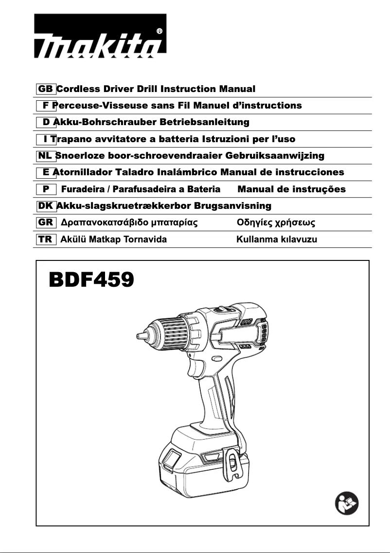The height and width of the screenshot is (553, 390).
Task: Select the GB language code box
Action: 46,89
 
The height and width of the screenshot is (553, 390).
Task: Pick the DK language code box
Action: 46,206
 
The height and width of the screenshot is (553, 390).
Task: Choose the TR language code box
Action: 46,240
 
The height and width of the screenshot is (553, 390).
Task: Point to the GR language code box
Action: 46,222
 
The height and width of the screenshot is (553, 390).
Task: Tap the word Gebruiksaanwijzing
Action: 275,156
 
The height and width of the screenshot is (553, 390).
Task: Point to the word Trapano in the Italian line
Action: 70,139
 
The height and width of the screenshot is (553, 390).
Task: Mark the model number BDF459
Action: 91,281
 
